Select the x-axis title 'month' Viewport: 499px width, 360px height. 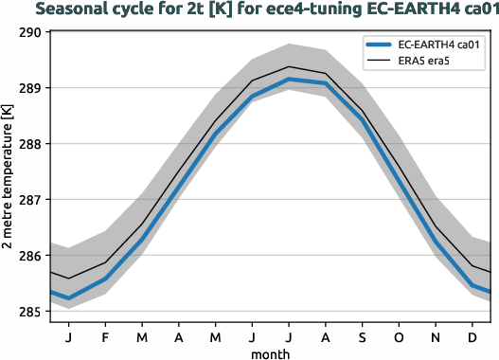271,351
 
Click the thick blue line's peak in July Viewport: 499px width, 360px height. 289,79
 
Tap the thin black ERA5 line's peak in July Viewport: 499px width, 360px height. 289,66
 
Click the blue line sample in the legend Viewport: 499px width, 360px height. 383,45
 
